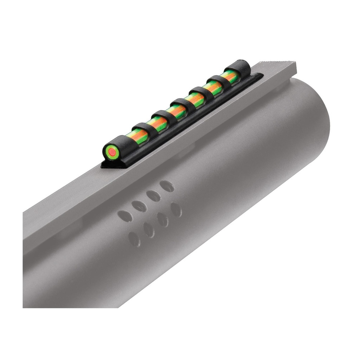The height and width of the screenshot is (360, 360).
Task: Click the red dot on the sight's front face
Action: coord(112,152)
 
